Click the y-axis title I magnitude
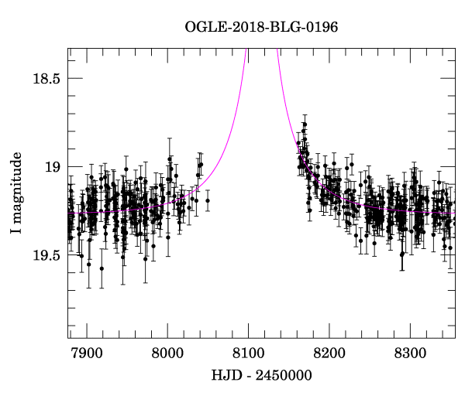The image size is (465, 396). point(17,192)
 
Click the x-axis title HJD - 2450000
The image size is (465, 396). point(261,376)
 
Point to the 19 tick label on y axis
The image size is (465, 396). point(53,166)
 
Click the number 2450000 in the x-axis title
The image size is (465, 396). point(282,376)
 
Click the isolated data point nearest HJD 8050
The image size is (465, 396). point(208,200)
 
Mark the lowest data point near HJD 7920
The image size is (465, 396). point(102,269)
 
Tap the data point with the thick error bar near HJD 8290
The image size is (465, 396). point(401,254)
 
